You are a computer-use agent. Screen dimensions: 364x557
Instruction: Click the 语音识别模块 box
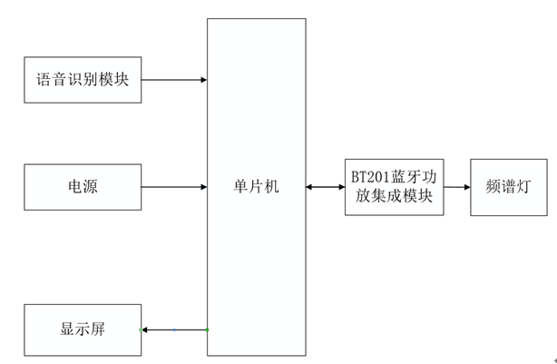pyautogui.click(x=83, y=80)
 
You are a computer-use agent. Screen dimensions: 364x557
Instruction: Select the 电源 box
pyautogui.click(x=83, y=187)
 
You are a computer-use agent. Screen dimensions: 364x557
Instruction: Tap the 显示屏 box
pyautogui.click(x=83, y=329)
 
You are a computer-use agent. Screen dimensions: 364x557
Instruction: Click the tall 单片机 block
pyautogui.click(x=256, y=109)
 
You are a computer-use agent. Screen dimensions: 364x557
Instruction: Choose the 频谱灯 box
pyautogui.click(x=513, y=187)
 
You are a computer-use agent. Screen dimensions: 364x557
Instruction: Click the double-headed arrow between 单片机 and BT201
pyautogui.click(x=326, y=187)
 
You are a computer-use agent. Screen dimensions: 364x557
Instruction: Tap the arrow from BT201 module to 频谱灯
pyautogui.click(x=457, y=187)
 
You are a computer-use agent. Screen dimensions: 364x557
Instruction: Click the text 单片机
pyautogui.click(x=256, y=187)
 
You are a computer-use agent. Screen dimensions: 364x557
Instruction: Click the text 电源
pyautogui.click(x=83, y=187)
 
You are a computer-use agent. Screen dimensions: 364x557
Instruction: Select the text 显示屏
pyautogui.click(x=83, y=329)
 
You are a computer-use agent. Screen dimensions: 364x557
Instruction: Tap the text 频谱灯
pyautogui.click(x=513, y=187)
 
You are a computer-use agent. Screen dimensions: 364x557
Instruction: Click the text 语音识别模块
pyautogui.click(x=83, y=80)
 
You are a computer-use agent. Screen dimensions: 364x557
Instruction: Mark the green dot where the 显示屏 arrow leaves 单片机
pyautogui.click(x=207, y=329)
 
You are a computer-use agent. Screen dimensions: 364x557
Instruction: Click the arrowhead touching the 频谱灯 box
pyautogui.click(x=466, y=187)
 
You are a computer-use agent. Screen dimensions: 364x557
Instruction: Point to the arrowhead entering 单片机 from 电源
pyautogui.click(x=202, y=187)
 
